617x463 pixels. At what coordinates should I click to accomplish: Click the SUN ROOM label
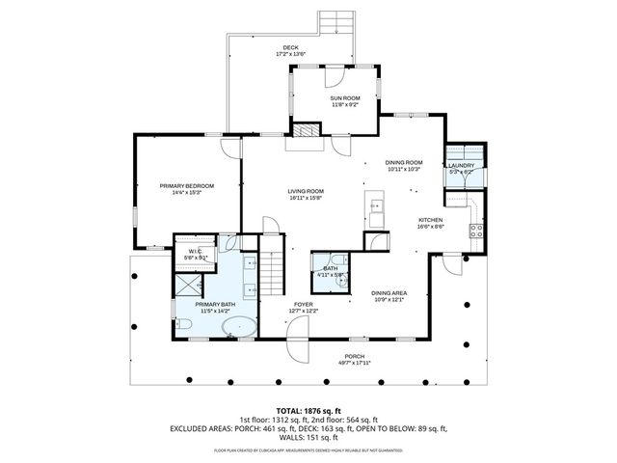coord(343,98)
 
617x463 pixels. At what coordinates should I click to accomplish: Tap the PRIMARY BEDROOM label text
coord(186,185)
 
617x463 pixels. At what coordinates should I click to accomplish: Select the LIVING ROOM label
coord(305,191)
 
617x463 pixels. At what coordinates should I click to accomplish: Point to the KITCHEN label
coord(430,220)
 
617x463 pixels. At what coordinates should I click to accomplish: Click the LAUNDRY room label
coord(461,166)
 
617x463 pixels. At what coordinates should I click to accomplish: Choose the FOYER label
coord(304,305)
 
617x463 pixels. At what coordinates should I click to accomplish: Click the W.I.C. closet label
coord(195,253)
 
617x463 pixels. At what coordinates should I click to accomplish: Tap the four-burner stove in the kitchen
coord(474,230)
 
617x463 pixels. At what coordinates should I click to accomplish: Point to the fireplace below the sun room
coord(307,132)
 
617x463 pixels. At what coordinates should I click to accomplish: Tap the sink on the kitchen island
coord(377,204)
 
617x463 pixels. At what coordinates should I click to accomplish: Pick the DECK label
coord(290,48)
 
